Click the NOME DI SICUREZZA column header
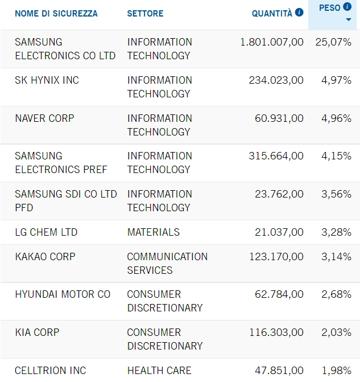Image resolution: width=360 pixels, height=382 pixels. click(x=56, y=14)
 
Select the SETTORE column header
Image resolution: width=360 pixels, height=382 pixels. click(x=145, y=14)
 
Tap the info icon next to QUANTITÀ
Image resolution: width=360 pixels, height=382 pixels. click(x=299, y=13)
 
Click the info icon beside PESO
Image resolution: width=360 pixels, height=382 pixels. click(x=347, y=7)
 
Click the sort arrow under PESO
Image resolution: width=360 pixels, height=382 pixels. click(x=348, y=20)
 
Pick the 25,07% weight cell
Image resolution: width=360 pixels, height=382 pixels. click(x=333, y=42)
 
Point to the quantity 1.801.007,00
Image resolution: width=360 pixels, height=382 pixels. click(x=272, y=42)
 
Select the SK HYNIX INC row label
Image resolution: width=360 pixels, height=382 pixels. click(x=47, y=80)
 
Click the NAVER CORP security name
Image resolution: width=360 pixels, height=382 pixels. click(x=44, y=118)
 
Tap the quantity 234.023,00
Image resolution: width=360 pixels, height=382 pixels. click(x=276, y=80)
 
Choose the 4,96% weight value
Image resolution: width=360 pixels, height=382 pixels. click(x=336, y=118)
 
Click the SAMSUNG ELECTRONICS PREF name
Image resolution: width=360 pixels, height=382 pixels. click(x=61, y=163)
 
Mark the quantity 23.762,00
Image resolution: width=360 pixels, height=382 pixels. click(x=279, y=194)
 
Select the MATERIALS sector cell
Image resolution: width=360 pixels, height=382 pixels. click(x=153, y=232)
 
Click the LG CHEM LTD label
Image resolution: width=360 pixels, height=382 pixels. click(x=45, y=232)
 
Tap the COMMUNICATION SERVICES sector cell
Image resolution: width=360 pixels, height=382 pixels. click(x=167, y=264)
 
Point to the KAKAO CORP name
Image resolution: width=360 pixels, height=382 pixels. click(x=45, y=257)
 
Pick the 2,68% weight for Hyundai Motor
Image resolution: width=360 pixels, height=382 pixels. click(x=336, y=294)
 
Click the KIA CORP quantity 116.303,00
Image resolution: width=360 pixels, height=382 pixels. click(x=276, y=332)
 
